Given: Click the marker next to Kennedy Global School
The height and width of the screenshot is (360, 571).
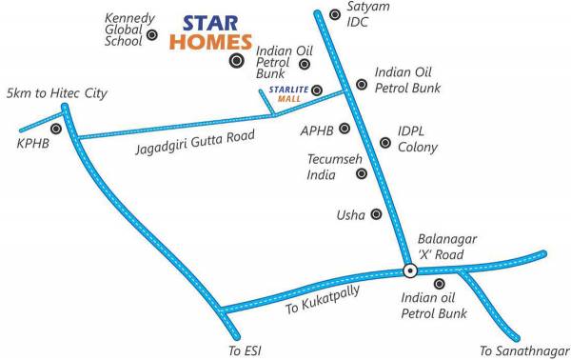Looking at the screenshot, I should pos(151,35).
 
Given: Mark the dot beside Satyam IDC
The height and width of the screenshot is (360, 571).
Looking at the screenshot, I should pos(334,14).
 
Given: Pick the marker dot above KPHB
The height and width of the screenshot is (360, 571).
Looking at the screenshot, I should pos(56,128).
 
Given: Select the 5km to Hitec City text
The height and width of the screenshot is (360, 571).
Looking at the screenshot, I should pos(56,93).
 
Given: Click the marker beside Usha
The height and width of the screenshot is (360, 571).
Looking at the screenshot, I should pos(377,214).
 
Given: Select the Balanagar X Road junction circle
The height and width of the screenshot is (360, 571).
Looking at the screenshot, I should pos(409,270).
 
